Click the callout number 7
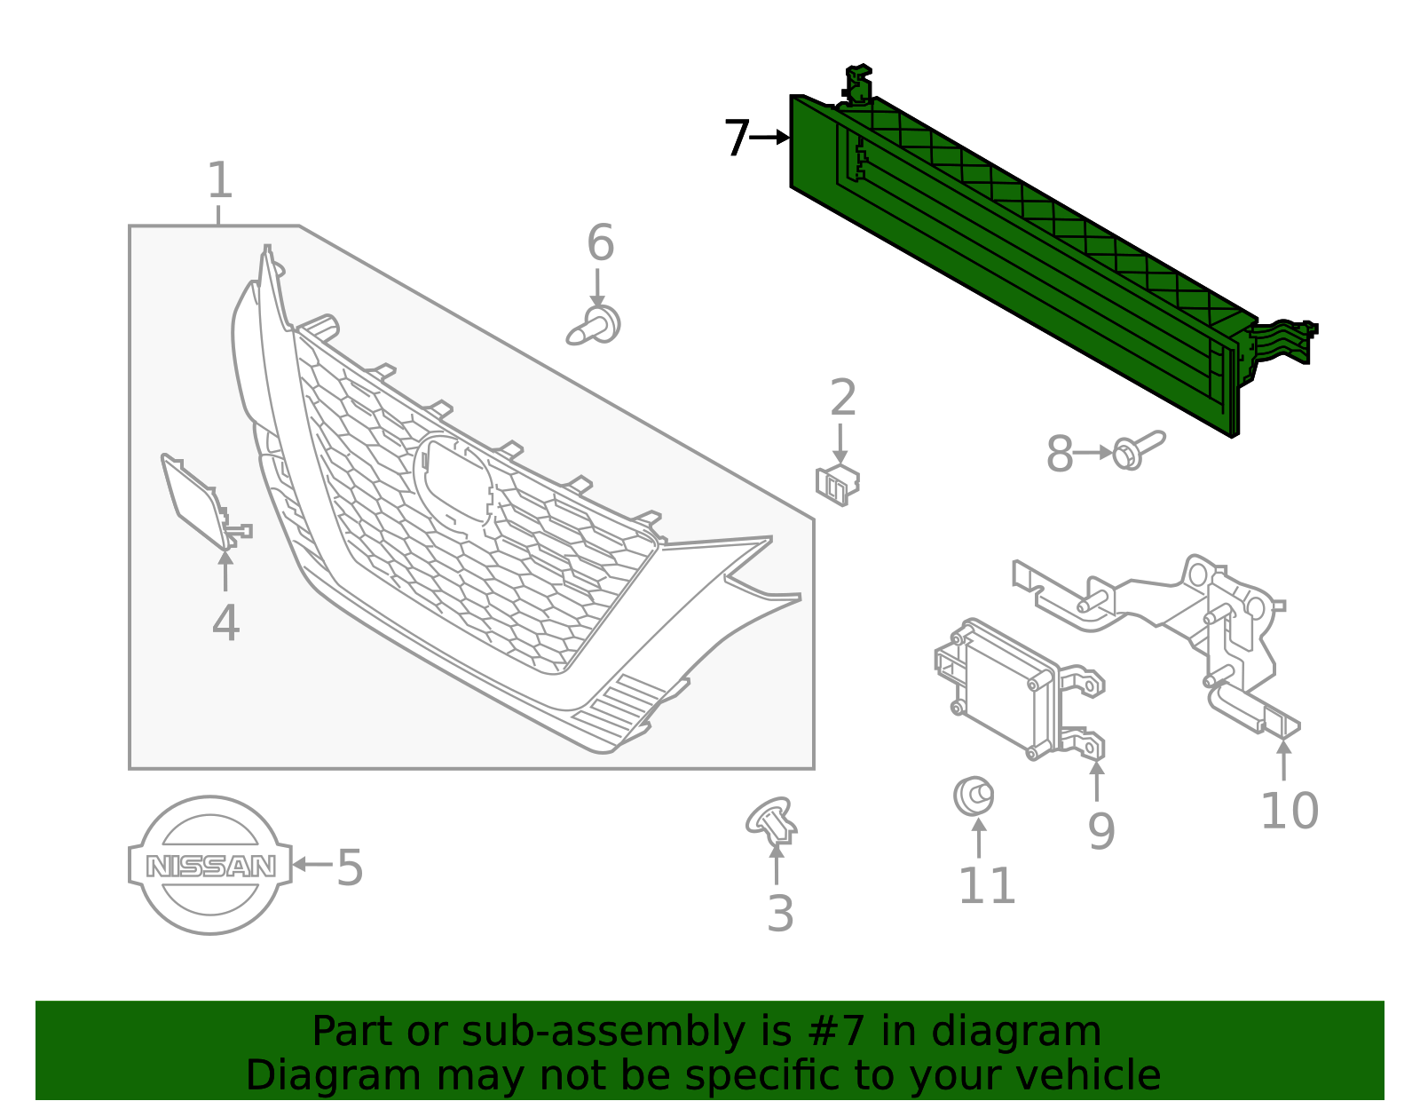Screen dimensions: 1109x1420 coord(736,139)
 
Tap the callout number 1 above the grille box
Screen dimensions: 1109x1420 coord(219,181)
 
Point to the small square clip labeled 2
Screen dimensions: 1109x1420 coord(837,483)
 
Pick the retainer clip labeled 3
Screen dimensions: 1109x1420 coord(772,821)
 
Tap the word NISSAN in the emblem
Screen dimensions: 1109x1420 coord(210,866)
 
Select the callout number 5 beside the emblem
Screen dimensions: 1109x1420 coord(350,867)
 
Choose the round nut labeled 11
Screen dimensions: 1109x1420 coord(973,796)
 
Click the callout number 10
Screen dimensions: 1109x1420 coord(1289,811)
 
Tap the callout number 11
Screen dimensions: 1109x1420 coord(986,886)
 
